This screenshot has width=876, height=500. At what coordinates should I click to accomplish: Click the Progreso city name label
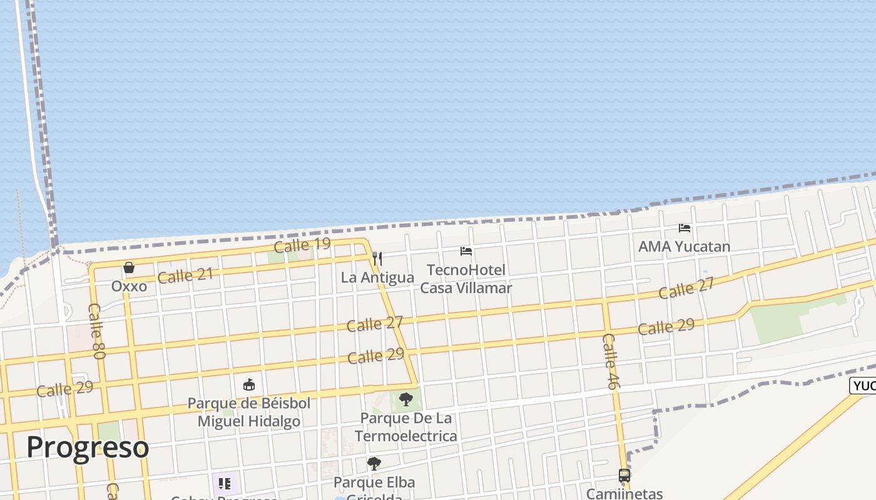coord(88,447)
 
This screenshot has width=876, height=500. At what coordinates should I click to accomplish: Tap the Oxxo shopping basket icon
coord(129,268)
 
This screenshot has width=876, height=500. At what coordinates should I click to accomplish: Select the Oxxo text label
coord(129,286)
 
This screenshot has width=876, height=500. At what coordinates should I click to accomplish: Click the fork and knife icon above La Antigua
coord(377,258)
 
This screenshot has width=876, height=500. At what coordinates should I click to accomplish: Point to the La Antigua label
coord(377,277)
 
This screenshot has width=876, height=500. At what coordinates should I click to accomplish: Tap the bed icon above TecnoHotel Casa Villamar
coord(466,251)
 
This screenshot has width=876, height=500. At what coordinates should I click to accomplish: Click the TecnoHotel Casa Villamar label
coord(466,279)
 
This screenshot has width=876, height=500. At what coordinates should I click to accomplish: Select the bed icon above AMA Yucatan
coord(685,228)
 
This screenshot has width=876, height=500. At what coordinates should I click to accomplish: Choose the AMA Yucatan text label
coord(684,246)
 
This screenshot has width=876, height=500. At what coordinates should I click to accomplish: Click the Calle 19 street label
coord(302,244)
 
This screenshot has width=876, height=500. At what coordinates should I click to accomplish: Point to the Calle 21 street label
coord(185,275)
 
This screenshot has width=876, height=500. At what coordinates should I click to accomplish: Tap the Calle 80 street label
coord(96,331)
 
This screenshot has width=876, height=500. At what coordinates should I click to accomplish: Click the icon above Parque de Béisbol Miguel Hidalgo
coord(249,384)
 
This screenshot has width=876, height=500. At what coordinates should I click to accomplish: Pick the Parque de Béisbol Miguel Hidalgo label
coord(249,412)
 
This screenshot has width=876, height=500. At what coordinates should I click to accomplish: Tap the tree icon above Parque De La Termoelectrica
coord(406,399)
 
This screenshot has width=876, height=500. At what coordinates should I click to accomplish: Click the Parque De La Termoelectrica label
coord(406,427)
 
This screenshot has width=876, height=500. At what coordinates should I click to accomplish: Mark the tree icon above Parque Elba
coord(374,464)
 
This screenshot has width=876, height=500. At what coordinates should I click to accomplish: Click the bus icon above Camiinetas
coord(624,476)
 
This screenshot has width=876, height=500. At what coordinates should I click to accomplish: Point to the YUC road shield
coord(863,386)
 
